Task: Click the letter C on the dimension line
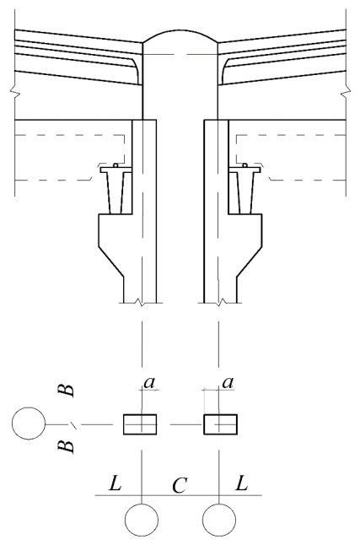coord(180,486)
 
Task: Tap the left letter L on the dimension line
coord(116,483)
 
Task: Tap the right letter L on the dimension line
coord(241,483)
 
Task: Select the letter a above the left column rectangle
coord(149,383)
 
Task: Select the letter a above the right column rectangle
coord(228,383)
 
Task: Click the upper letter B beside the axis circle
coord(66,391)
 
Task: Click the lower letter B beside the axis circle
coord(66,446)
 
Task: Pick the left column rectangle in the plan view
coord(140,424)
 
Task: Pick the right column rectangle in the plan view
coord(220,424)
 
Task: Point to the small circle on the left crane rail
coord(116,165)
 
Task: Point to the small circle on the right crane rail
coord(245,165)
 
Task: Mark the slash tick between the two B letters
coord(73,424)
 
